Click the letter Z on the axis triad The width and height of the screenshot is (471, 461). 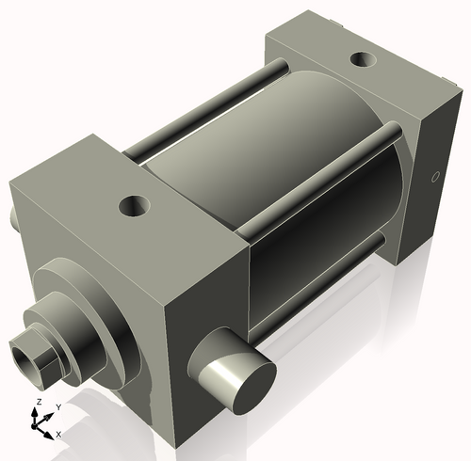coord(37,402)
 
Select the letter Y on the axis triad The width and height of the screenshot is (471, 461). coord(57,406)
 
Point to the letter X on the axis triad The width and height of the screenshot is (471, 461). coord(58,434)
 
